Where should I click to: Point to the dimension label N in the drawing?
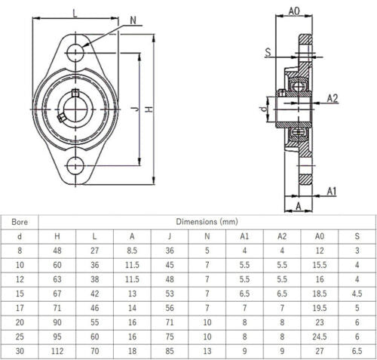[133, 21]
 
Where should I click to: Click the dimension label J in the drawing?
[134, 109]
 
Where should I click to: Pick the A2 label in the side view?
[333, 97]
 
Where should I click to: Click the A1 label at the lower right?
[332, 191]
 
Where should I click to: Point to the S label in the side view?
[268, 51]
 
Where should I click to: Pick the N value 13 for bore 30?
[207, 350]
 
